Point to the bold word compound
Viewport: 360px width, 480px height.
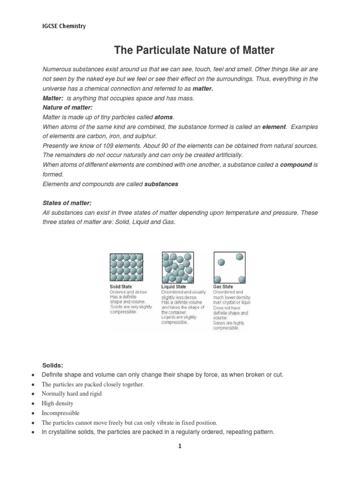pyautogui.click(x=296, y=165)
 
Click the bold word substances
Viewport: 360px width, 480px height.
pyautogui.click(x=161, y=184)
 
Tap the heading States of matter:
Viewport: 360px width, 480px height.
pyautogui.click(x=67, y=203)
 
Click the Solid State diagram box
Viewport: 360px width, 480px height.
pyautogui.click(x=126, y=267)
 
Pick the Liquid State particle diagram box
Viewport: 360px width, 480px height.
pyautogui.click(x=178, y=267)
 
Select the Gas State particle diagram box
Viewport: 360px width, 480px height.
pyautogui.click(x=229, y=267)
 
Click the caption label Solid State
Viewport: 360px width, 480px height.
pyautogui.click(x=121, y=286)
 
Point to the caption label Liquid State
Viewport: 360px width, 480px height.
pyautogui.click(x=174, y=286)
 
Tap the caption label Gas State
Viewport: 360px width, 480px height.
pyautogui.click(x=223, y=286)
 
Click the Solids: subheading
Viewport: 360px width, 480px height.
pyautogui.click(x=52, y=365)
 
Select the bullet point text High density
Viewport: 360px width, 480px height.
pyautogui.click(x=58, y=403)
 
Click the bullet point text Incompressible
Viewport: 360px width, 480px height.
pyautogui.click(x=60, y=413)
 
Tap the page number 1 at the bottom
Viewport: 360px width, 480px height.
pyautogui.click(x=179, y=447)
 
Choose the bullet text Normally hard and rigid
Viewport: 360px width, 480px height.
pyautogui.click(x=72, y=394)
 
